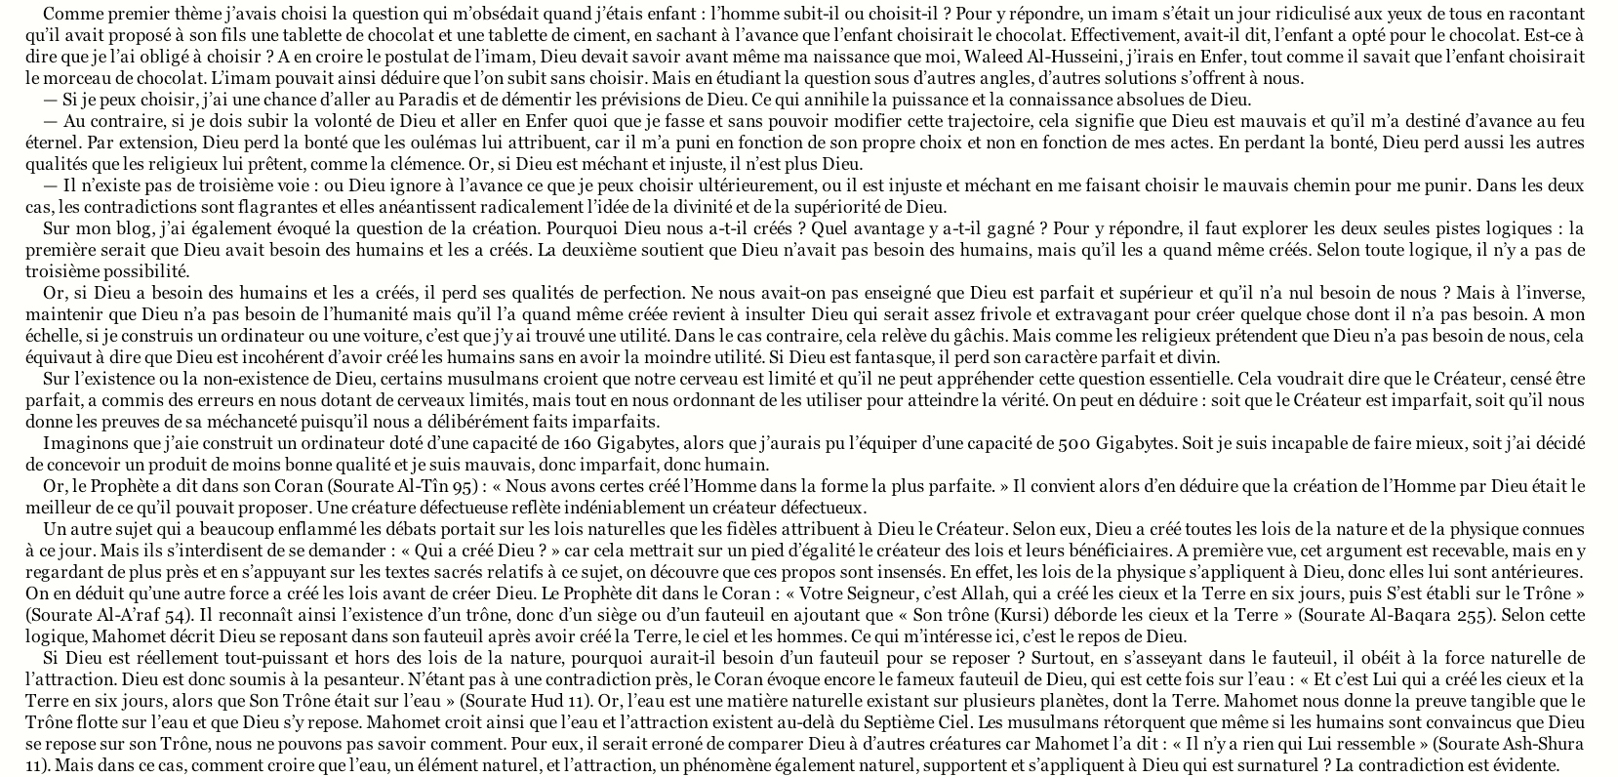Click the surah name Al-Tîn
[439, 486]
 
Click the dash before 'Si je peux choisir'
[50, 100]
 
